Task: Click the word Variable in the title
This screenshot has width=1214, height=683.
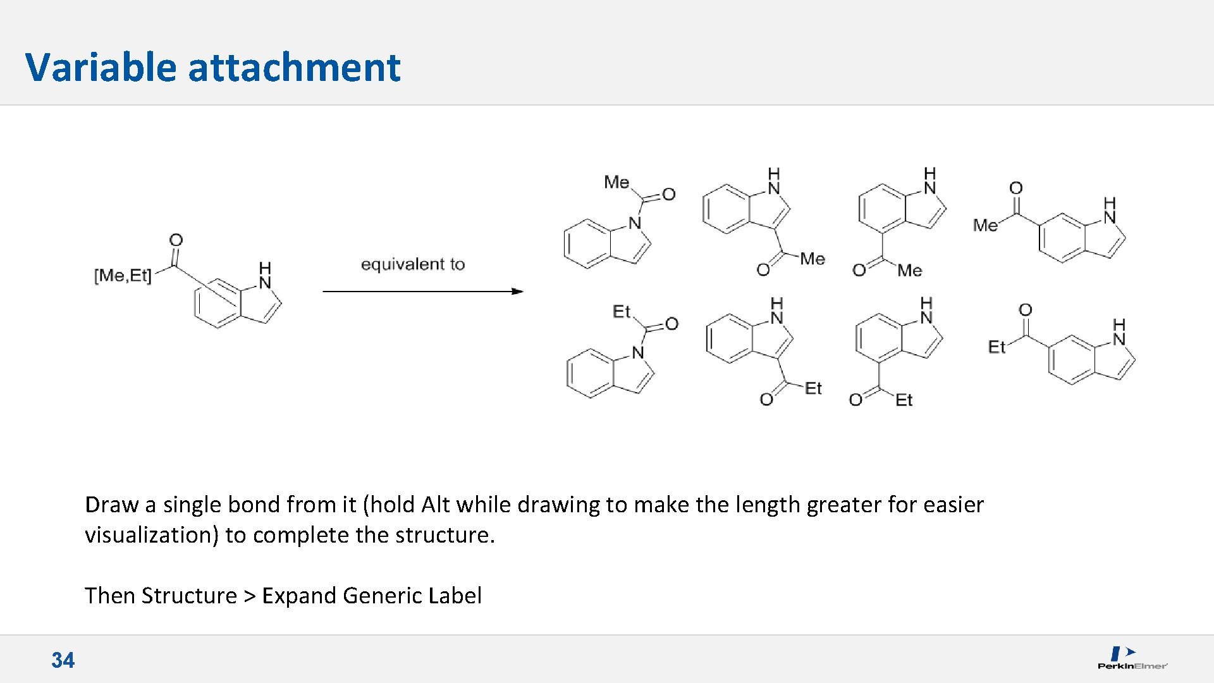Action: click(100, 67)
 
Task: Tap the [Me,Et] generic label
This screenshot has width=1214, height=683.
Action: click(123, 276)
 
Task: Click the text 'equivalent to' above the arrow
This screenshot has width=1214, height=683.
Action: click(412, 264)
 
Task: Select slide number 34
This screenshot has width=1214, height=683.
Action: click(63, 660)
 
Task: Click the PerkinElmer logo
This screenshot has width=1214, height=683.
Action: click(1131, 658)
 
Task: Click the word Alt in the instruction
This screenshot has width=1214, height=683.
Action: click(436, 505)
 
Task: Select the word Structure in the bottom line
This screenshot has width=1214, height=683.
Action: click(189, 596)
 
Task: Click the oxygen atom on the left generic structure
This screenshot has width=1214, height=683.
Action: click(176, 240)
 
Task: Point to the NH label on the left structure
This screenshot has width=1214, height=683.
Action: click(265, 276)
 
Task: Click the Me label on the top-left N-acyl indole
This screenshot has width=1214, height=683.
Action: click(616, 182)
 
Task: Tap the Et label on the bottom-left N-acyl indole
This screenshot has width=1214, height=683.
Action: click(621, 311)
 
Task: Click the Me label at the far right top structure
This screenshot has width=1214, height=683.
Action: click(985, 225)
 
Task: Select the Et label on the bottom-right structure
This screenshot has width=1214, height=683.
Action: click(996, 347)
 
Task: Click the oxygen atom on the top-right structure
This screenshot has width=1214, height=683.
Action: click(1015, 188)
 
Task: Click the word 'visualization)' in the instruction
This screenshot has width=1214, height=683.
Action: click(152, 535)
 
